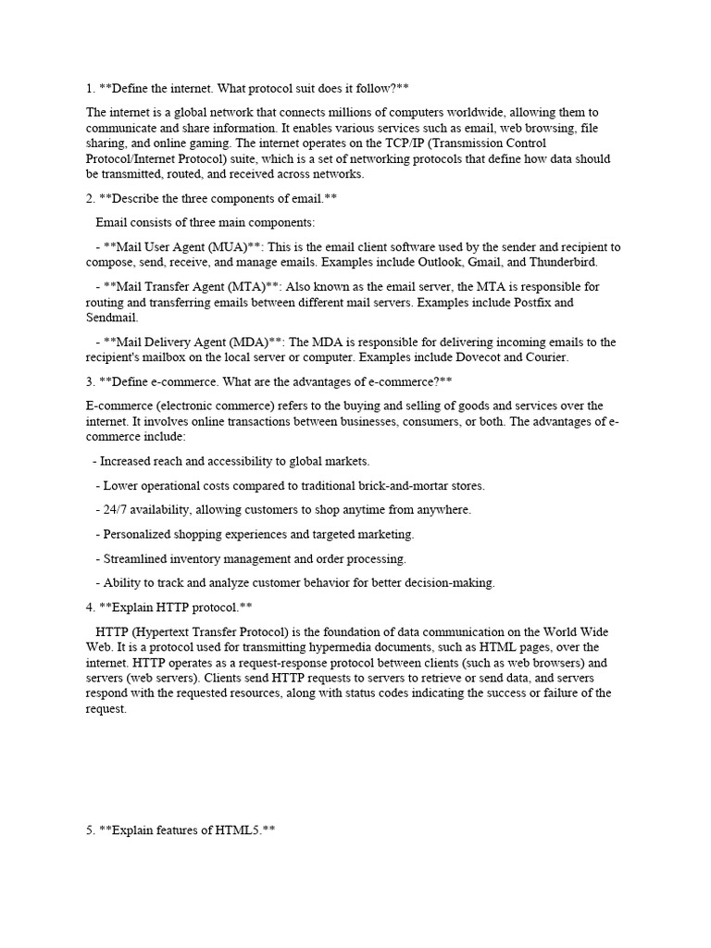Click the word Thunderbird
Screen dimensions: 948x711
point(571,262)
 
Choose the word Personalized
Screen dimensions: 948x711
point(141,534)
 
